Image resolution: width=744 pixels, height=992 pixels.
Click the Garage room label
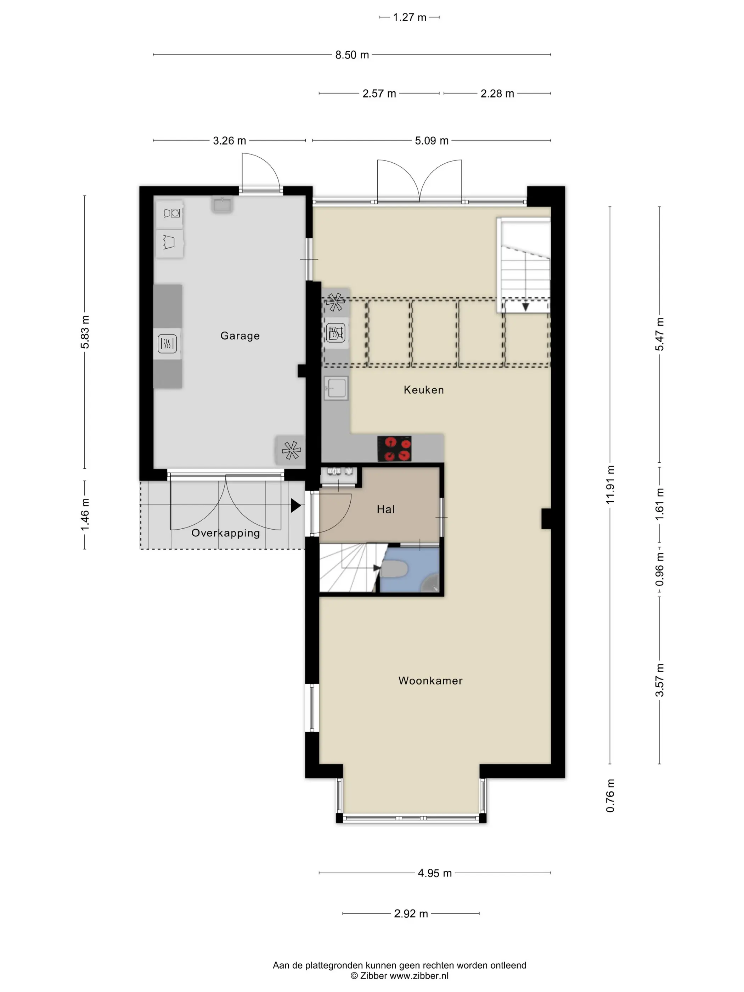click(x=240, y=336)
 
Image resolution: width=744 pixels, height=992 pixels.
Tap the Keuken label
click(x=424, y=390)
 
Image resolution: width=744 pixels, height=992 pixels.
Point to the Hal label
click(x=386, y=509)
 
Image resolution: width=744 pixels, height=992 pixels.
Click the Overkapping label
click(x=226, y=533)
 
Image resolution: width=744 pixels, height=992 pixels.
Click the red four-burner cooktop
click(x=394, y=449)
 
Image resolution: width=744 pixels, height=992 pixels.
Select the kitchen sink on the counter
click(x=336, y=388)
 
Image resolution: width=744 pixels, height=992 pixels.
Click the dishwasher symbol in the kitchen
click(x=336, y=333)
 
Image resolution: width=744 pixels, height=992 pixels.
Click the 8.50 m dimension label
click(x=352, y=55)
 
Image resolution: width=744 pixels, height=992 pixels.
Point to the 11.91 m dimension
click(x=610, y=485)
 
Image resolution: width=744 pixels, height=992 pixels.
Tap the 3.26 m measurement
click(x=229, y=140)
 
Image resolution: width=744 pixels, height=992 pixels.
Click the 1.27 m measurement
click(x=410, y=17)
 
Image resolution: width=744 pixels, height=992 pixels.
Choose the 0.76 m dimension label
click(x=610, y=796)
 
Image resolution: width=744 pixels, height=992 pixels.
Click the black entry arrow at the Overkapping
click(x=295, y=506)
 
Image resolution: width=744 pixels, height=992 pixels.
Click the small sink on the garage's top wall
click(x=222, y=205)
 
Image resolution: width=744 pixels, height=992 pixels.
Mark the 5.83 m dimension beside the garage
click(x=85, y=332)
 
